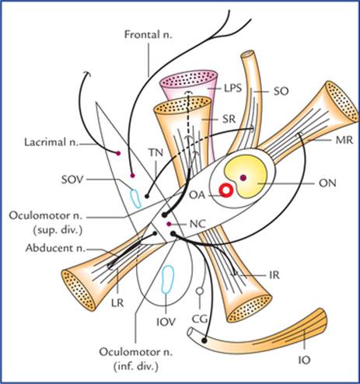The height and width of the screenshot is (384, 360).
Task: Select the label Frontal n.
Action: (149, 35)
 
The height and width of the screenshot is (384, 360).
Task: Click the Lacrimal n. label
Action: (51, 142)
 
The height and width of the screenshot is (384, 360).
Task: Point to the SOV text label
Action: (72, 180)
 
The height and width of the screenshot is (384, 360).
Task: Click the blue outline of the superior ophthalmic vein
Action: (135, 198)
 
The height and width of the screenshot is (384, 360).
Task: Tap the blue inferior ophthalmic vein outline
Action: (168, 279)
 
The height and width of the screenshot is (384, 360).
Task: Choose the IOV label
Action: (166, 322)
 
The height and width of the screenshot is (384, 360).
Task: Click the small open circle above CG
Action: (199, 291)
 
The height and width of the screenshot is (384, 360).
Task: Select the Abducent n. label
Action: (55, 248)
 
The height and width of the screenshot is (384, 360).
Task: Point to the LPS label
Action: (233, 88)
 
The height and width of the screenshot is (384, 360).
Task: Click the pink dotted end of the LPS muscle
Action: (188, 79)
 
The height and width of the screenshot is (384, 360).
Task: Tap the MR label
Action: (344, 140)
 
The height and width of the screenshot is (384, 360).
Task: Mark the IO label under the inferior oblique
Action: (305, 360)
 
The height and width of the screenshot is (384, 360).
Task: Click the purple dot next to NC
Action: (169, 224)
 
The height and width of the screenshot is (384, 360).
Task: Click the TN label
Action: (156, 153)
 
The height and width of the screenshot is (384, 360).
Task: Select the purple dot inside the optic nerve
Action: (243, 177)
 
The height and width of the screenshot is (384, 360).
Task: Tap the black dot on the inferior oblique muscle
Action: (204, 340)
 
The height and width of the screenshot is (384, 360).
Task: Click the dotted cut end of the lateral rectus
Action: (79, 290)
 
